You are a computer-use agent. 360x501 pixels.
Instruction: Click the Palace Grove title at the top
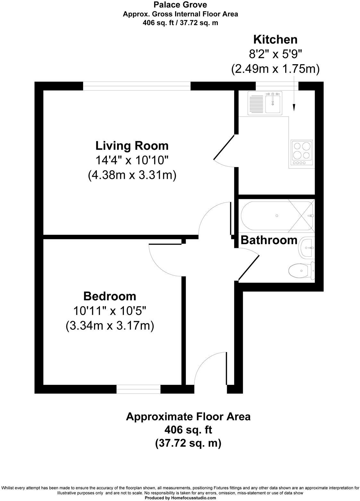(x=180, y=5)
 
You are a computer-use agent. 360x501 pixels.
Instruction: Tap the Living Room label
(x=132, y=145)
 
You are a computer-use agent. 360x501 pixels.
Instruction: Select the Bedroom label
(x=110, y=296)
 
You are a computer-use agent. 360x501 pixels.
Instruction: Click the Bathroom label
(x=269, y=240)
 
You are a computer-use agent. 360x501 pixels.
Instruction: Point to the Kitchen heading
(x=275, y=40)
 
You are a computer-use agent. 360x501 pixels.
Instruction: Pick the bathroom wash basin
(x=307, y=248)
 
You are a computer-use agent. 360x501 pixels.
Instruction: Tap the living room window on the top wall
(x=137, y=86)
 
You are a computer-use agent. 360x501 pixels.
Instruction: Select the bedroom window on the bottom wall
(x=138, y=389)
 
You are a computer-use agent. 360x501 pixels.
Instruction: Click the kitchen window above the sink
(x=277, y=86)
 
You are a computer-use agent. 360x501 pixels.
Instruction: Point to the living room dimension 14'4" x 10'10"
(x=132, y=160)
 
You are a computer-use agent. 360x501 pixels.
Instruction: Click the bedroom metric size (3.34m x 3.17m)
(x=110, y=326)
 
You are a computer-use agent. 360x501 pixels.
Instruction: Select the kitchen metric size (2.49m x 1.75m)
(x=275, y=69)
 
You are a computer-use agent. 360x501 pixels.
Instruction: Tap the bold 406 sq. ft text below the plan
(x=188, y=429)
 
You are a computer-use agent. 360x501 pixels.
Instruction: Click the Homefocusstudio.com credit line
(x=180, y=498)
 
